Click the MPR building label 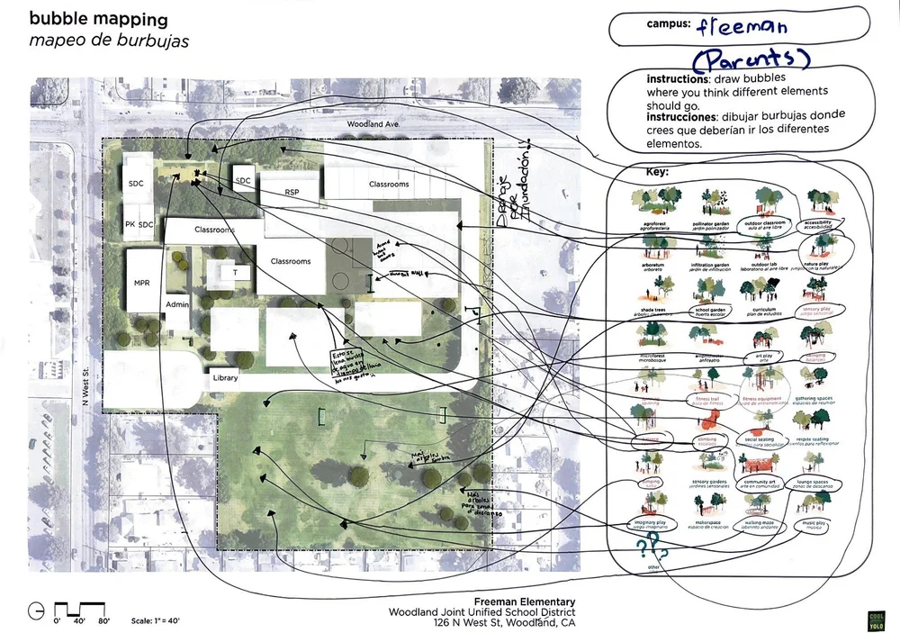coord(141,283)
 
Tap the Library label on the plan coord(225,378)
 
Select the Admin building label coord(177,305)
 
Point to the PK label coord(130,224)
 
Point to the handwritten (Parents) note coord(751,60)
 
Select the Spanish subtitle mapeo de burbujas coord(109,41)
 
